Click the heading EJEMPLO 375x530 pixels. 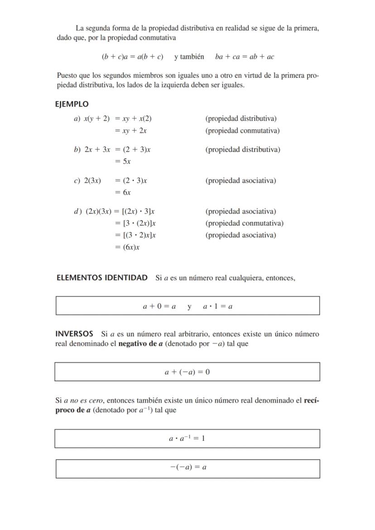(72, 104)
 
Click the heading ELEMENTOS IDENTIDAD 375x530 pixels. (102, 277)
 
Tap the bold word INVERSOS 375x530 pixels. (74, 334)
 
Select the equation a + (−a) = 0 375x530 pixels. (187, 372)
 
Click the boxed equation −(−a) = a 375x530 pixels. (188, 468)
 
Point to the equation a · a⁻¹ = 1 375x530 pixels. (187, 439)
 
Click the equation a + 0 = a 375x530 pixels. (159, 306)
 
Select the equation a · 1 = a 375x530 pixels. (218, 306)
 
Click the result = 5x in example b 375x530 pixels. (123, 162)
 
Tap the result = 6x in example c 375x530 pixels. (123, 192)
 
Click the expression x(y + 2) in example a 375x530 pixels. (96, 119)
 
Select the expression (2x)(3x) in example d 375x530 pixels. (98, 211)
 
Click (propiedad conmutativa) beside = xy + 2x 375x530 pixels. (242, 131)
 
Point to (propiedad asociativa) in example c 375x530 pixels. (240, 181)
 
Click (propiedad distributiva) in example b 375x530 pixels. (242, 149)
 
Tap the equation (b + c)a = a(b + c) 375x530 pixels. (132, 57)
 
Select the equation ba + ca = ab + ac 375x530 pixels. (245, 57)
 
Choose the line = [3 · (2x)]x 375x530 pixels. (135, 223)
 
